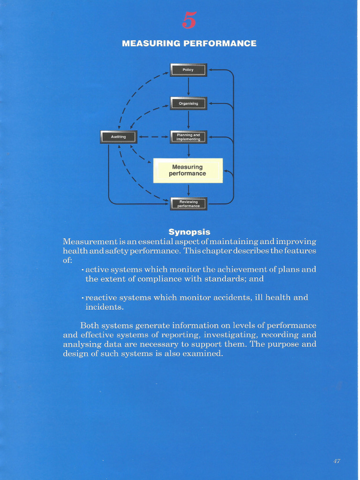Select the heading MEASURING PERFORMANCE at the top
pyautogui.click(x=189, y=44)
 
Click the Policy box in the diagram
pyautogui.click(x=188, y=70)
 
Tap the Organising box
pyautogui.click(x=188, y=103)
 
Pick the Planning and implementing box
pyautogui.click(x=188, y=137)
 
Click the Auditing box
pyautogui.click(x=118, y=137)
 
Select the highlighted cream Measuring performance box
pyautogui.click(x=187, y=170)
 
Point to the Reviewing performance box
pyautogui.click(x=188, y=203)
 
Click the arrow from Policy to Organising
pyautogui.click(x=188, y=86)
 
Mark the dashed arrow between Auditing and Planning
pyautogui.click(x=153, y=137)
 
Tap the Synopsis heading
pyautogui.click(x=189, y=232)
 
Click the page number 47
pyautogui.click(x=337, y=461)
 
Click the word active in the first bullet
pyautogui.click(x=97, y=270)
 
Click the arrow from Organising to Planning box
pyautogui.click(x=188, y=120)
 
